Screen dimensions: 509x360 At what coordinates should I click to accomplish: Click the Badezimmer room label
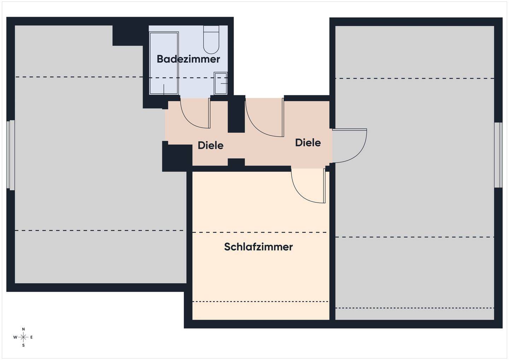(188, 59)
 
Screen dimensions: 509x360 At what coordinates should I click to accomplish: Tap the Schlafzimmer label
(258, 247)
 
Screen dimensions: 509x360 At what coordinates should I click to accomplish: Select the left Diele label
(210, 145)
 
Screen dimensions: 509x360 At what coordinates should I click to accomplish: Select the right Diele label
(308, 143)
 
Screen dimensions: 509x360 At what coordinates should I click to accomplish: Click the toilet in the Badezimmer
(211, 40)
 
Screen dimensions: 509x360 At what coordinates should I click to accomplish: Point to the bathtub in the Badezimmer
(164, 63)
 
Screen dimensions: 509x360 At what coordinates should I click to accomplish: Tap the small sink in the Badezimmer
(221, 83)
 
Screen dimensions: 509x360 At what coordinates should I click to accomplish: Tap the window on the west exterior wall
(11, 155)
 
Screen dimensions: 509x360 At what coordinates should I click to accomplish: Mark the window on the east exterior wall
(498, 155)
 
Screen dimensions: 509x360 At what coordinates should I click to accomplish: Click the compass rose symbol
(23, 337)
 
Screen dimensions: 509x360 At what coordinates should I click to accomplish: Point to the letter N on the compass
(23, 329)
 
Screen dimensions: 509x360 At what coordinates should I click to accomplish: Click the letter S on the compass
(23, 346)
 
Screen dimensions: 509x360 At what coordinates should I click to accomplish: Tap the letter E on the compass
(31, 337)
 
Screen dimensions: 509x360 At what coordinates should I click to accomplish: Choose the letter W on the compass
(15, 337)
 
